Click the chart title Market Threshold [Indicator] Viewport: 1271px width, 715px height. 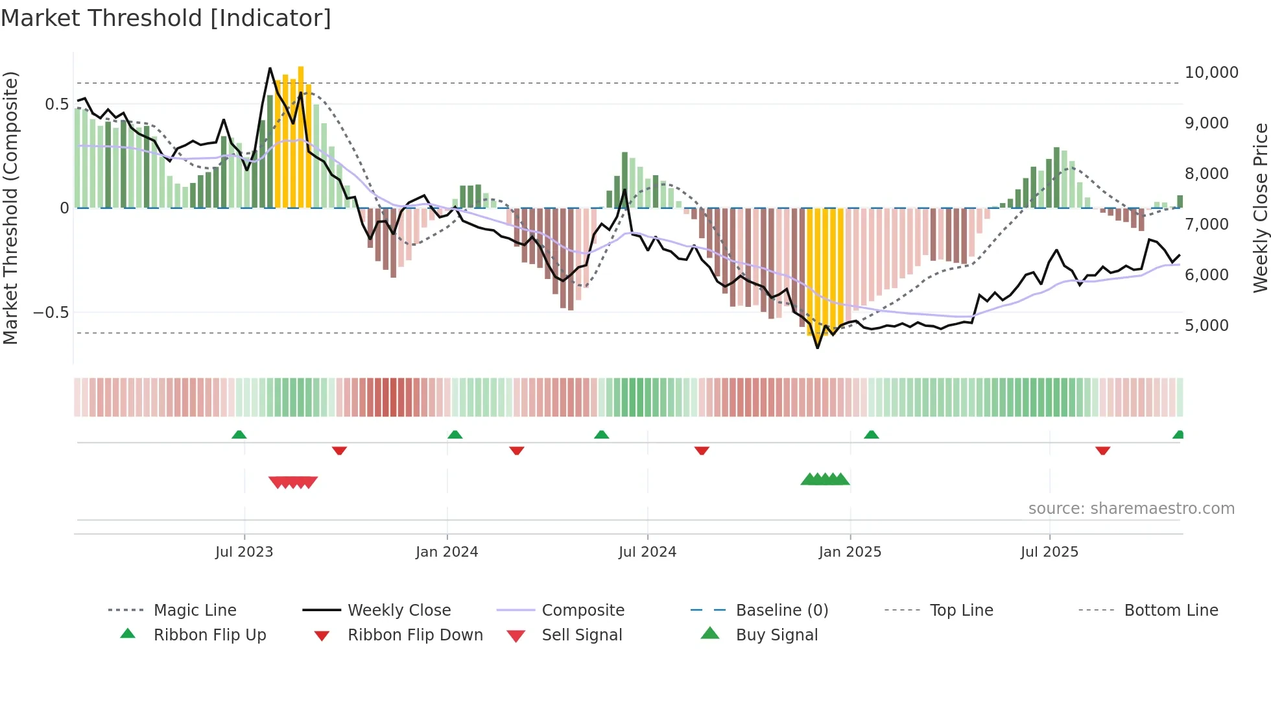pyautogui.click(x=166, y=18)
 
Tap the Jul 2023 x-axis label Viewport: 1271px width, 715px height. pyautogui.click(x=244, y=552)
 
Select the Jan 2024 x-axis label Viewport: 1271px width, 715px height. pyautogui.click(x=447, y=552)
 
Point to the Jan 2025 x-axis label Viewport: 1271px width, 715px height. pyautogui.click(x=849, y=552)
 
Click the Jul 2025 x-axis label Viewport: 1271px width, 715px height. pyautogui.click(x=1049, y=552)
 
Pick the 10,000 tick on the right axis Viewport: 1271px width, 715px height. pyautogui.click(x=1211, y=73)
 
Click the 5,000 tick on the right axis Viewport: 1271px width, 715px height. pyautogui.click(x=1206, y=326)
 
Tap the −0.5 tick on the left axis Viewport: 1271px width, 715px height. pyautogui.click(x=51, y=313)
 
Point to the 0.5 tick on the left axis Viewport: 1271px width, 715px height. pyautogui.click(x=56, y=104)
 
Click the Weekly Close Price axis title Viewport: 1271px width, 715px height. pyautogui.click(x=1260, y=208)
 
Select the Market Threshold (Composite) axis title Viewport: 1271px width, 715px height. pyautogui.click(x=10, y=208)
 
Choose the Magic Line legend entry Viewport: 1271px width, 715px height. pyautogui.click(x=195, y=611)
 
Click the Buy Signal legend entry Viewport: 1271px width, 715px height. pyautogui.click(x=776, y=635)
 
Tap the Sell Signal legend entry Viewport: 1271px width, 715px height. pyautogui.click(x=582, y=635)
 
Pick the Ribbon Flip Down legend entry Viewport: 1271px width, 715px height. pyautogui.click(x=415, y=635)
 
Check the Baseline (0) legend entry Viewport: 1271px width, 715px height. pyautogui.click(x=781, y=611)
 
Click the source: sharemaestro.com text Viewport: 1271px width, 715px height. pyautogui.click(x=1131, y=509)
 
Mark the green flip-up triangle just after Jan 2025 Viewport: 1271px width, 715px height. pyautogui.click(x=871, y=435)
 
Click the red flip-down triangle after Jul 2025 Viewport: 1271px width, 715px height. pyautogui.click(x=1102, y=450)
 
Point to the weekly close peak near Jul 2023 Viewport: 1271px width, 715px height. pyautogui.click(x=270, y=68)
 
